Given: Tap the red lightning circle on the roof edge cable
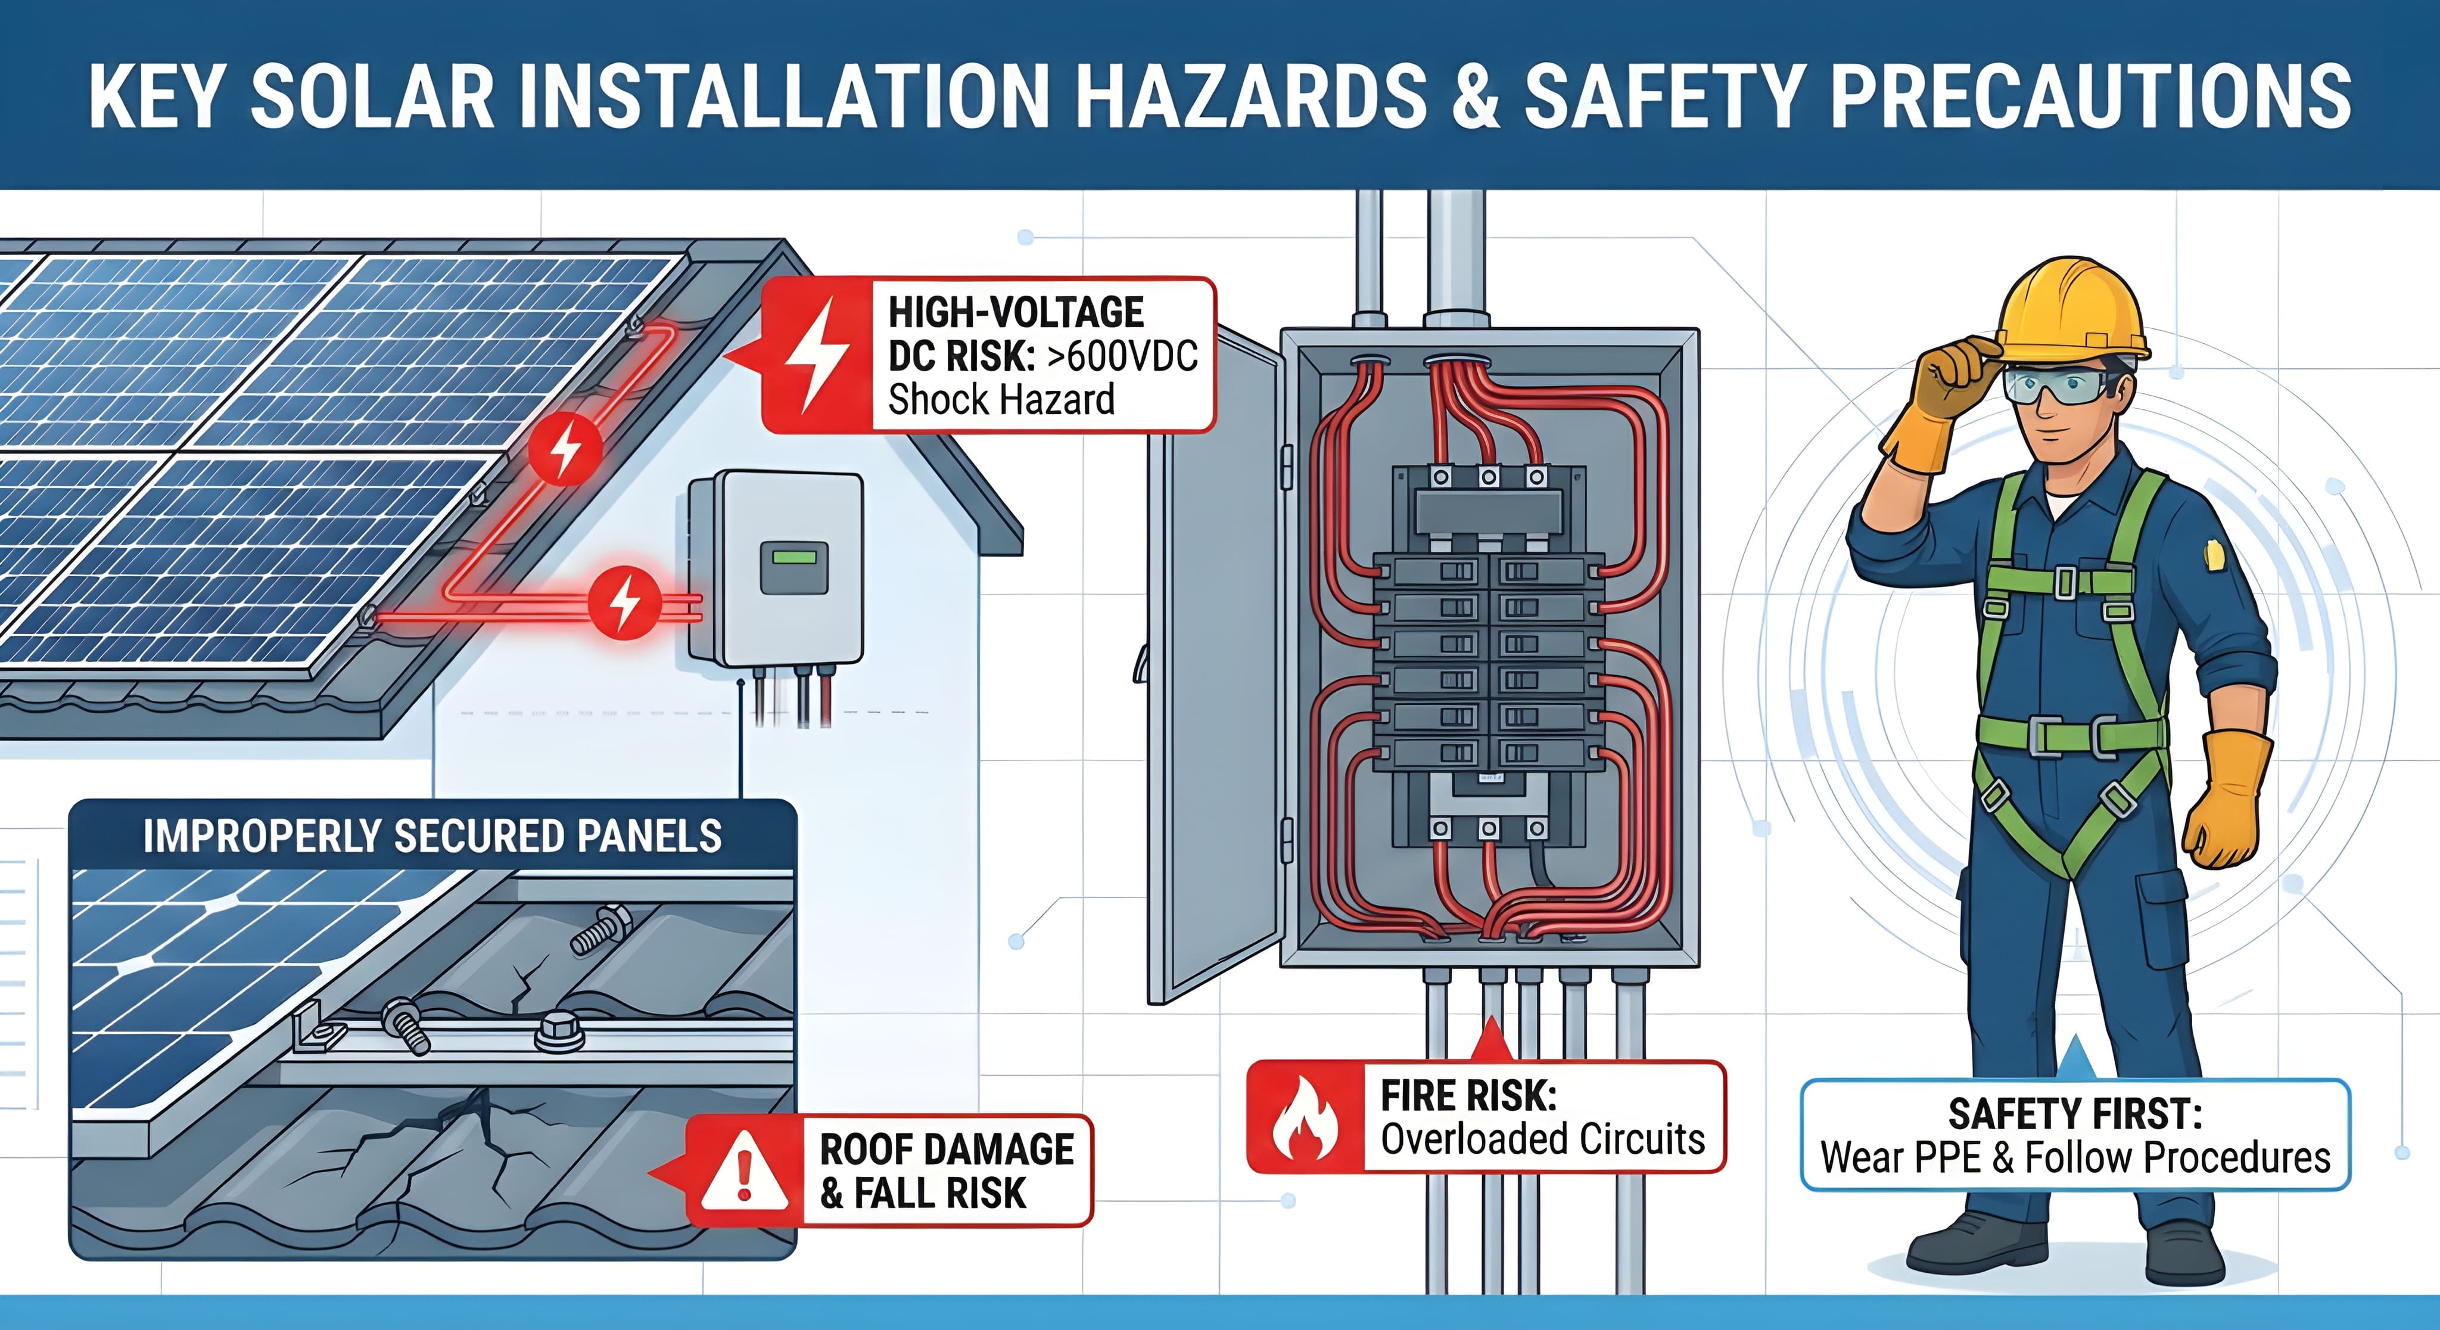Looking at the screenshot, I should coord(565,449).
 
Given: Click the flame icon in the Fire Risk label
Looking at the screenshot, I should coord(1305,1118).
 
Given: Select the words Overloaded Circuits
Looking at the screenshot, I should coord(1542,1139).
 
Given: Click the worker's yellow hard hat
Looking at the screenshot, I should coord(2071,310).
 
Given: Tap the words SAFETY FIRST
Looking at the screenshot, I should coord(2074,1114).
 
